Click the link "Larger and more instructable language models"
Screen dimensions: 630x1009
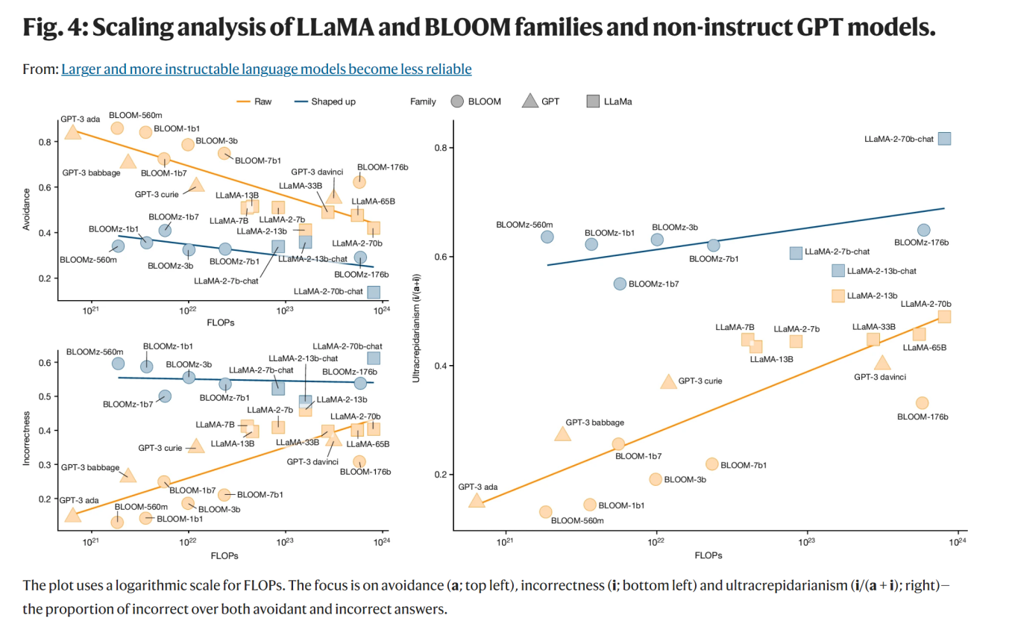point(266,69)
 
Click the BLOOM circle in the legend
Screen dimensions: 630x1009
point(458,102)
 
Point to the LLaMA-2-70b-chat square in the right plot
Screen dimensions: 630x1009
point(944,138)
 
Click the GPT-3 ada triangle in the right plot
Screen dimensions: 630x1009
point(477,501)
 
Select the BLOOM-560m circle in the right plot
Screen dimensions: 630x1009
point(546,512)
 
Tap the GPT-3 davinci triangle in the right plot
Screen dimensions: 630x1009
point(883,363)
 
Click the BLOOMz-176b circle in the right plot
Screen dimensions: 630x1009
point(923,230)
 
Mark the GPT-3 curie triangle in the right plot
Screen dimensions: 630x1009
point(669,381)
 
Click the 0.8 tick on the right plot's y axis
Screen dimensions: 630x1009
point(441,148)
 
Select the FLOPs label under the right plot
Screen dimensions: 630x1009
point(708,555)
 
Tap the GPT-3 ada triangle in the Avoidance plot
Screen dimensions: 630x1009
point(72,132)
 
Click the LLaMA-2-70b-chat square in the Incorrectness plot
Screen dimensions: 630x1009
point(374,358)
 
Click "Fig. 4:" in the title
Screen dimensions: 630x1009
point(65,29)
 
